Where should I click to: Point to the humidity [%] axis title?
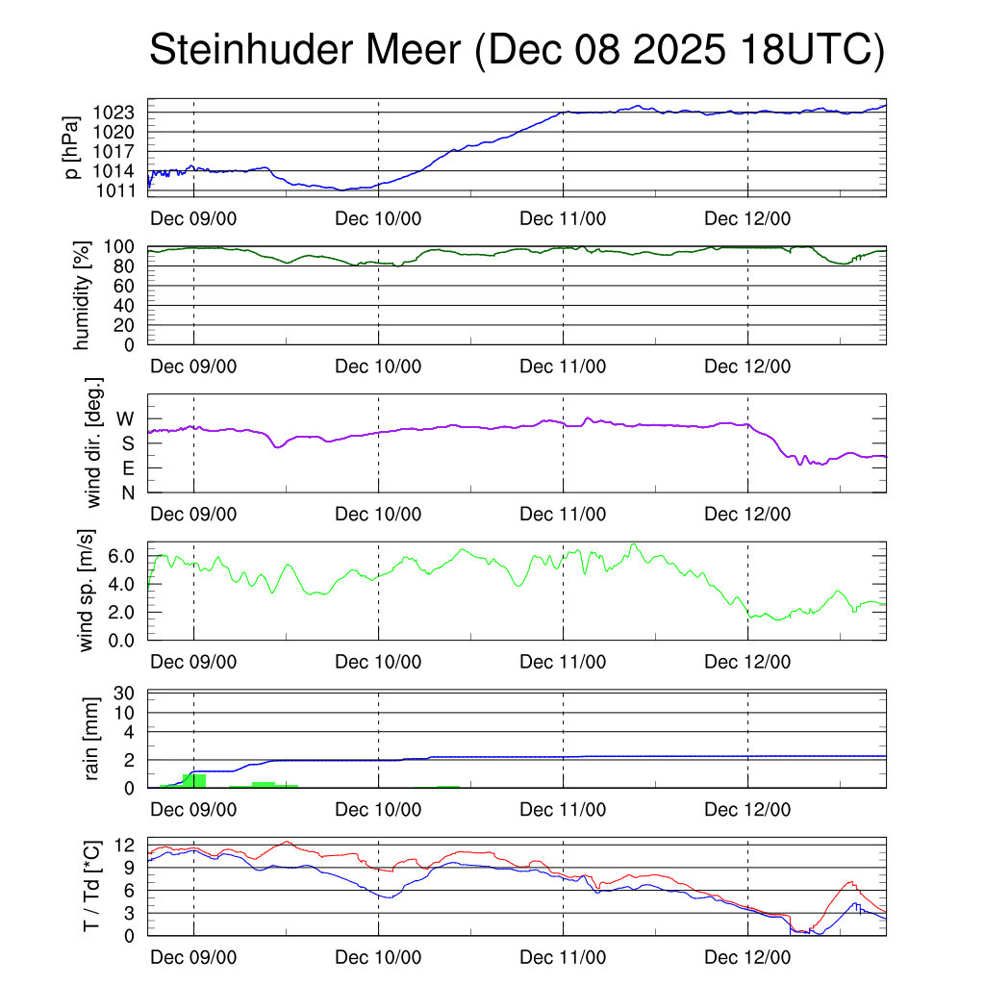[85, 295]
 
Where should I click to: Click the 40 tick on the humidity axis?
[133, 306]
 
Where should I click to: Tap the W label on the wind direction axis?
[126, 418]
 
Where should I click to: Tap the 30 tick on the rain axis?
[132, 693]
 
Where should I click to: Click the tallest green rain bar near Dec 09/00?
[194, 780]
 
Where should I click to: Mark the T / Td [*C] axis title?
[91, 886]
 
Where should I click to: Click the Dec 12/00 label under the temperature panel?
[747, 958]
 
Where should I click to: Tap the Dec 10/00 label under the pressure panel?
[378, 218]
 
